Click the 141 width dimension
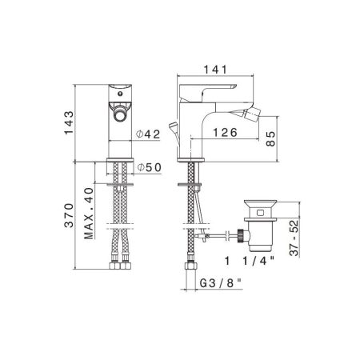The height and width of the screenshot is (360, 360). pyautogui.click(x=215, y=70)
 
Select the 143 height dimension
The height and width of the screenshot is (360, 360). pyautogui.click(x=69, y=122)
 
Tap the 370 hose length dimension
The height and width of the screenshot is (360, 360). pyautogui.click(x=69, y=215)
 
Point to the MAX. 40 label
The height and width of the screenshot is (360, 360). pyautogui.click(x=89, y=214)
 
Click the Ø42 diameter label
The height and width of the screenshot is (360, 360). pyautogui.click(x=148, y=134)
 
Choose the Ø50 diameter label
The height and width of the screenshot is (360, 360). pyautogui.click(x=150, y=167)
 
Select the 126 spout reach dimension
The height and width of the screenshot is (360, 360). pyautogui.click(x=225, y=133)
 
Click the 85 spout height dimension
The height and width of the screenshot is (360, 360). pyautogui.click(x=270, y=138)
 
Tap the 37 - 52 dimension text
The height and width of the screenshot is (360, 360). pyautogui.click(x=294, y=238)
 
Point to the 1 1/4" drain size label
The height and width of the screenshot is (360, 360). pyautogui.click(x=250, y=261)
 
